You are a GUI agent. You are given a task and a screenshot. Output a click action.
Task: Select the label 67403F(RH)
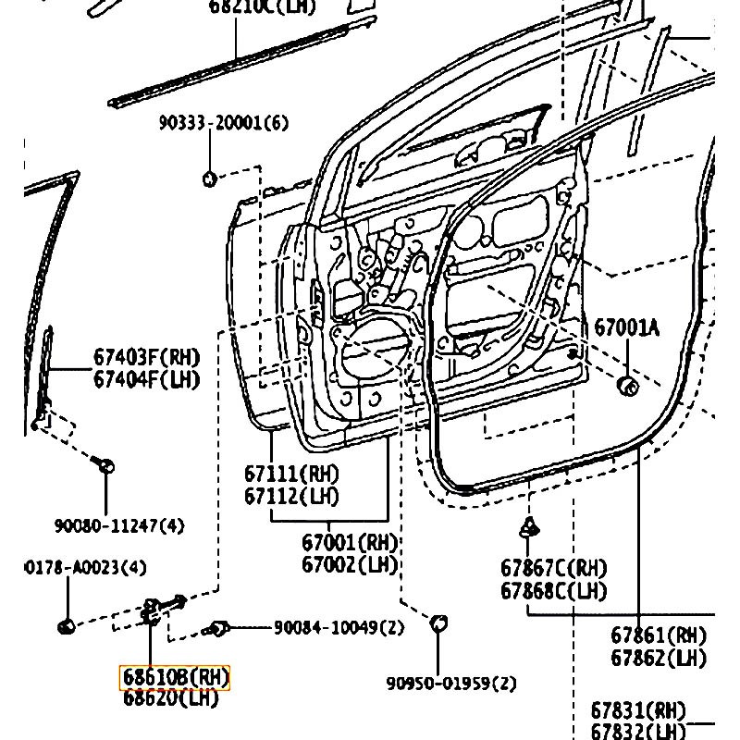click(146, 357)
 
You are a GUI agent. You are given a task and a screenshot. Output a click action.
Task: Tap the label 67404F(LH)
click(146, 378)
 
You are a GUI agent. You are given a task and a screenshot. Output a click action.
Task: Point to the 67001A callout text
click(627, 327)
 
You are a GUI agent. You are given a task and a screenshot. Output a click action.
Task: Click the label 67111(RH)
click(291, 474)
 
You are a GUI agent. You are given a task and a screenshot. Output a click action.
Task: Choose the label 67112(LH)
click(291, 497)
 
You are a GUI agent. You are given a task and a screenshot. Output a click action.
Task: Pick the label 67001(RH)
click(350, 542)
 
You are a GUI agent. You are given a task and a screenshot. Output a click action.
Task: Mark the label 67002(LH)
click(350, 564)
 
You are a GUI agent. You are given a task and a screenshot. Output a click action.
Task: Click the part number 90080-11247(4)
click(118, 525)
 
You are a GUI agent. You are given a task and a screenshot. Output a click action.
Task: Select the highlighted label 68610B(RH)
click(175, 678)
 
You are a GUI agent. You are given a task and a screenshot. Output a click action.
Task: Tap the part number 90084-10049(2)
click(339, 628)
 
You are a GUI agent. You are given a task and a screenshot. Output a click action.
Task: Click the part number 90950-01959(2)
click(451, 684)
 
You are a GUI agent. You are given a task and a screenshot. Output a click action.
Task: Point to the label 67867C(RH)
click(554, 568)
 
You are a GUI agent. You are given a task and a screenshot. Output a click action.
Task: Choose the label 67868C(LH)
click(554, 590)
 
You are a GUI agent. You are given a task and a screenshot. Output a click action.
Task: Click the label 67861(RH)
click(658, 635)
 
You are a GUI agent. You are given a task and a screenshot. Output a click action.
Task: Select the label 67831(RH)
click(638, 710)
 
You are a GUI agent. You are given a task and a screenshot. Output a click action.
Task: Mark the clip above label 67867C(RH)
click(528, 528)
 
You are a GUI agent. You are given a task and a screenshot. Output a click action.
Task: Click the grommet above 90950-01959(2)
click(439, 623)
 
